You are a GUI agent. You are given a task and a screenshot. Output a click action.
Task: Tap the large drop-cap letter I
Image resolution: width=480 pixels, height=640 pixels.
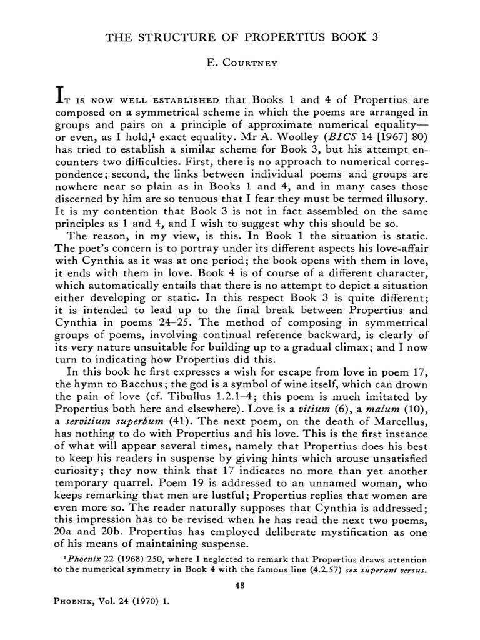pyautogui.click(x=62, y=95)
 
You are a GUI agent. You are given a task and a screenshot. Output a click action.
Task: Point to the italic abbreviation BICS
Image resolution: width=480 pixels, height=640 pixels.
pyautogui.click(x=334, y=136)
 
